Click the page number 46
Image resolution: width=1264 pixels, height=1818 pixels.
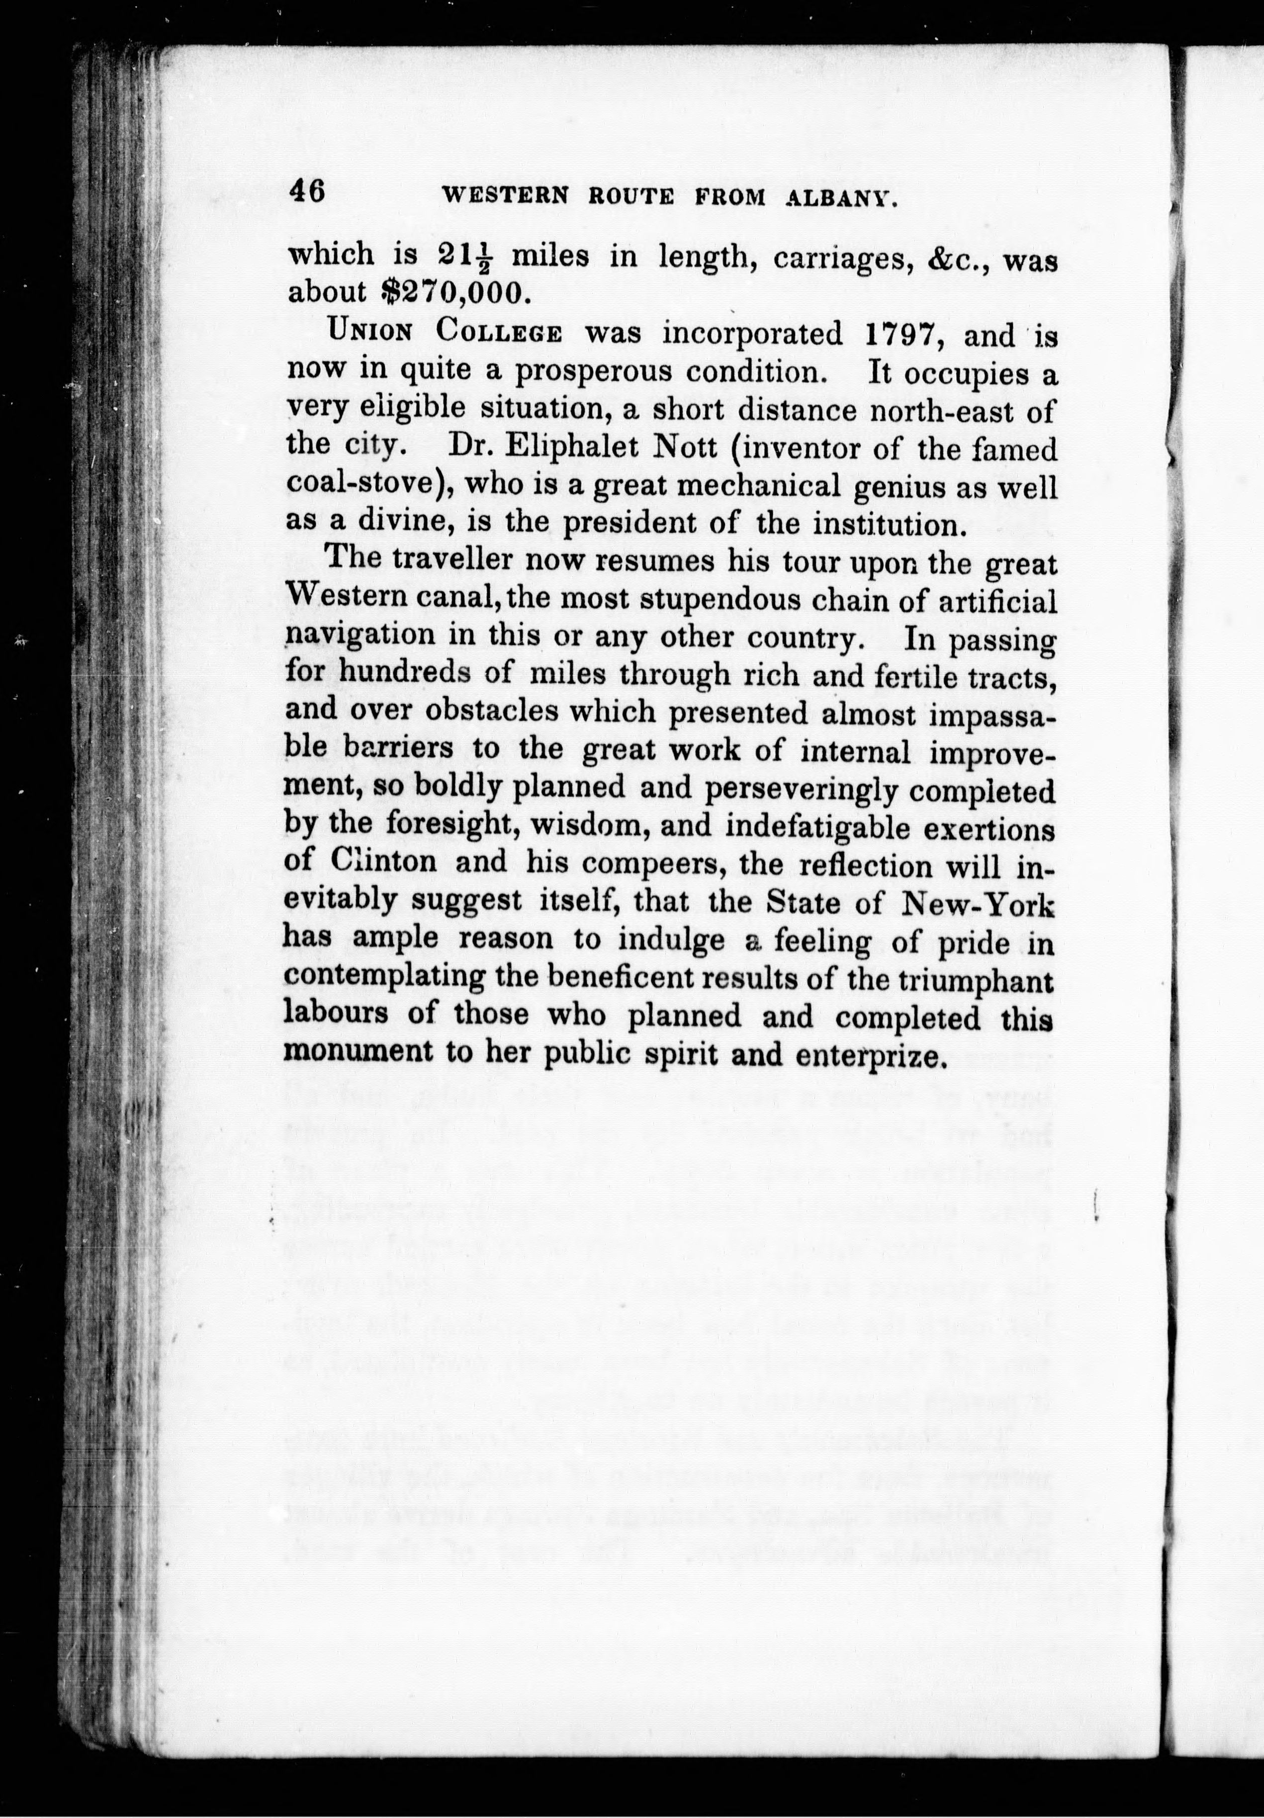[x=307, y=191]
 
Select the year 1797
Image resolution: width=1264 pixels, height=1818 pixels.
[x=901, y=336]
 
